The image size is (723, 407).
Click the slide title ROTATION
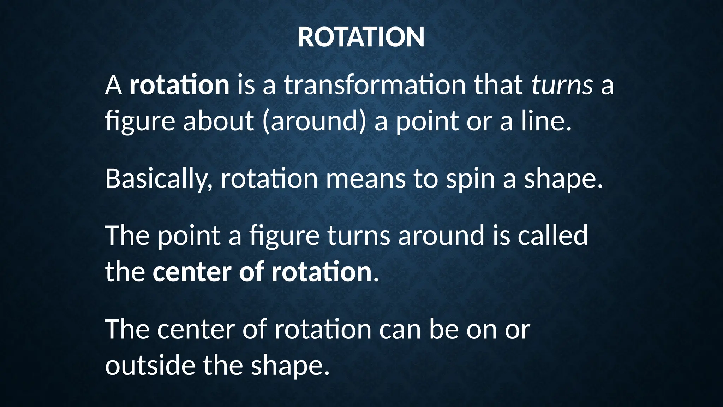click(361, 37)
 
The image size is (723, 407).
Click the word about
click(218, 121)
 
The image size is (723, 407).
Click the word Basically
click(159, 179)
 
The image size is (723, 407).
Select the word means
click(365, 179)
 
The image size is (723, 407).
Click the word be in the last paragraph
click(443, 329)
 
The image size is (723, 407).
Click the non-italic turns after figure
click(359, 235)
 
